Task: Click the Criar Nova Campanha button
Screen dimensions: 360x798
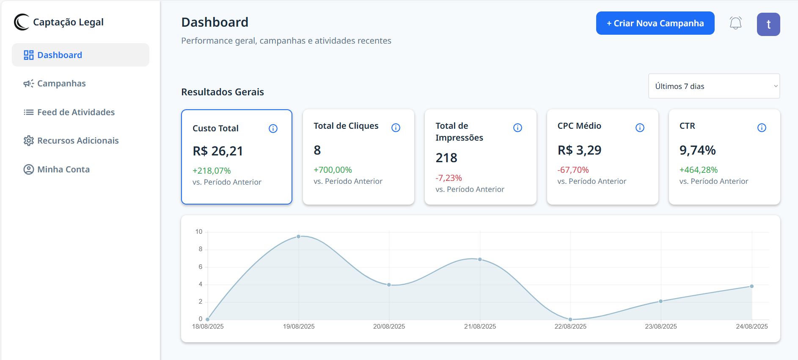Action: coord(655,23)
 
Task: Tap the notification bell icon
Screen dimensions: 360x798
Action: coord(736,23)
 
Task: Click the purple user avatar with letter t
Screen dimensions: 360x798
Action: coord(768,24)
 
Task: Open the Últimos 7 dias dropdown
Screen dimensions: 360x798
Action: coord(714,86)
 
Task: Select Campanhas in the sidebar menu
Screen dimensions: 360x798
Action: coord(61,83)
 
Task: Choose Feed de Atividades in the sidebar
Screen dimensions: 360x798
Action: coord(76,112)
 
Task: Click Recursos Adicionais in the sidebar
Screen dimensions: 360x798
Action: coord(78,141)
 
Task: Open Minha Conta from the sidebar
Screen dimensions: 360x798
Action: coord(63,169)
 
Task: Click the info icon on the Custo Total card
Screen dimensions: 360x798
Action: coord(273,128)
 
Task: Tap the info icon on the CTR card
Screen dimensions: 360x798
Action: coord(762,127)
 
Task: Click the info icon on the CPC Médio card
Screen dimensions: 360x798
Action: coord(640,127)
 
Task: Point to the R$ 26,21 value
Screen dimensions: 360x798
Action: coord(218,151)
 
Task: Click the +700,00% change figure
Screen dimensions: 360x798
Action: coord(333,170)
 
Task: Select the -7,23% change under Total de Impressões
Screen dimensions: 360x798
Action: coord(449,178)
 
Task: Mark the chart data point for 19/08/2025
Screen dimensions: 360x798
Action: coord(299,237)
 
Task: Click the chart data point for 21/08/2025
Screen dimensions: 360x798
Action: coord(480,259)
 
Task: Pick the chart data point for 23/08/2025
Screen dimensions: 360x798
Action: coord(661,302)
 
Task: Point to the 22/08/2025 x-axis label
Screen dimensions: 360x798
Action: coord(570,327)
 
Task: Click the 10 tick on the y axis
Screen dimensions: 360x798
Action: coord(199,232)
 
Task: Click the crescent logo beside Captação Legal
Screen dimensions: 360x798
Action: coord(22,22)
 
